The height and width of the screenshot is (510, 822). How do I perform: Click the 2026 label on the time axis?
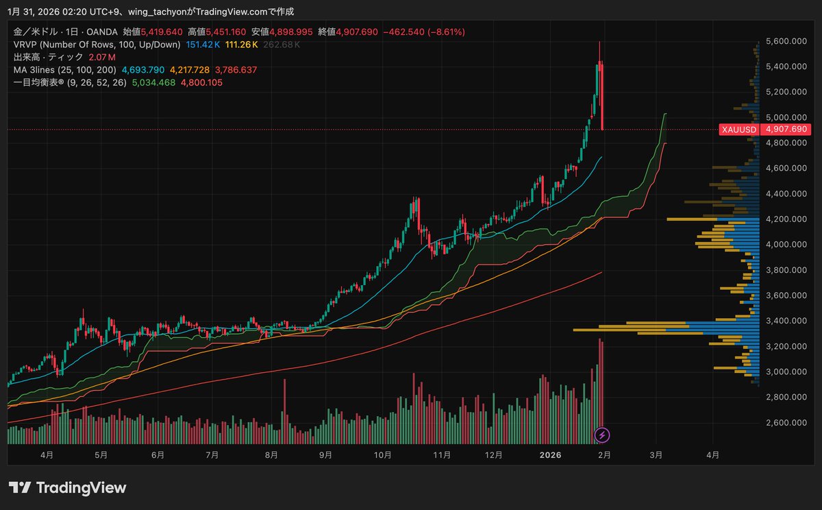[550, 455]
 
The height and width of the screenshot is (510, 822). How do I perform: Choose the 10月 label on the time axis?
[383, 455]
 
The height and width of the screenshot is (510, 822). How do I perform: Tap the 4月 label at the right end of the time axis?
[712, 455]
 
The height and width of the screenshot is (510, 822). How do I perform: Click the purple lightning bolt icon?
[601, 435]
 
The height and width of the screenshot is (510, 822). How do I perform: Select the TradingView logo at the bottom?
[67, 488]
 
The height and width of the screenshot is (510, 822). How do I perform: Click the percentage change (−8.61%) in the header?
[443, 32]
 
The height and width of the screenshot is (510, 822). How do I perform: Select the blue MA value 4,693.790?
[142, 70]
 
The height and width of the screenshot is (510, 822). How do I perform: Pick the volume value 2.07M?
[102, 57]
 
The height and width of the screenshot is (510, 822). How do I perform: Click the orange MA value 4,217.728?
[190, 70]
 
